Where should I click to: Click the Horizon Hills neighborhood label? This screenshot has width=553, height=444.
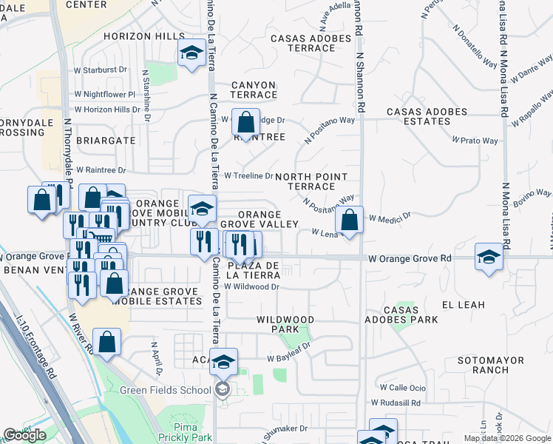(x=144, y=36)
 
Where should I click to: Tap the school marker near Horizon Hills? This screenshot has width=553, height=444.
(x=191, y=53)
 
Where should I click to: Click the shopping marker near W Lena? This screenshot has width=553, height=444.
(x=350, y=220)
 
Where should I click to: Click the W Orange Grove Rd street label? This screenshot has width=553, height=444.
(x=410, y=258)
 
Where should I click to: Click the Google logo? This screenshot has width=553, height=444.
(x=24, y=435)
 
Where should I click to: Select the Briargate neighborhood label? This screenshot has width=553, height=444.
(x=110, y=140)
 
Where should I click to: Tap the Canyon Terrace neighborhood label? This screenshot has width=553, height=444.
(x=254, y=90)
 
